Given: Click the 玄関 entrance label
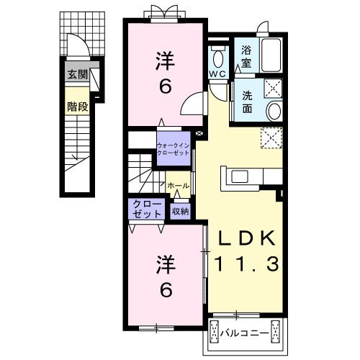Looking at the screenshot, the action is click(78, 75).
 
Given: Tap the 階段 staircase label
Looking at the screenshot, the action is click(77, 107).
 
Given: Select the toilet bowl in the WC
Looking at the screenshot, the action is click(218, 58).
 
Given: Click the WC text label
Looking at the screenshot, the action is click(217, 74).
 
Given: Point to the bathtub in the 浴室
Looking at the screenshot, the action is click(271, 55).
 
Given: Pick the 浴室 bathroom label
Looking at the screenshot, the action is click(246, 57).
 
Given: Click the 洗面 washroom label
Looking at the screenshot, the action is click(247, 102).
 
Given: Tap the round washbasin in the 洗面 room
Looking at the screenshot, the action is click(274, 111).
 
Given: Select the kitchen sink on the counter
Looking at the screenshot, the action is click(240, 176).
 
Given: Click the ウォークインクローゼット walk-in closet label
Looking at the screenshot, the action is click(174, 149).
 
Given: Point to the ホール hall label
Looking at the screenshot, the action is click(178, 186).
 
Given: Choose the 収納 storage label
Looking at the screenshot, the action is click(180, 212).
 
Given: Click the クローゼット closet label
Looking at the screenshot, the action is click(147, 209).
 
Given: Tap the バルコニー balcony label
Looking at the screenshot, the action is click(245, 333).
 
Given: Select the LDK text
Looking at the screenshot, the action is click(247, 238).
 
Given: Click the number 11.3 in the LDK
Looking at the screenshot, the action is click(247, 264).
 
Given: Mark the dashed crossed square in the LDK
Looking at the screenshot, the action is click(271, 138).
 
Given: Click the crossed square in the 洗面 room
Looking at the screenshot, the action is click(273, 89).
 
